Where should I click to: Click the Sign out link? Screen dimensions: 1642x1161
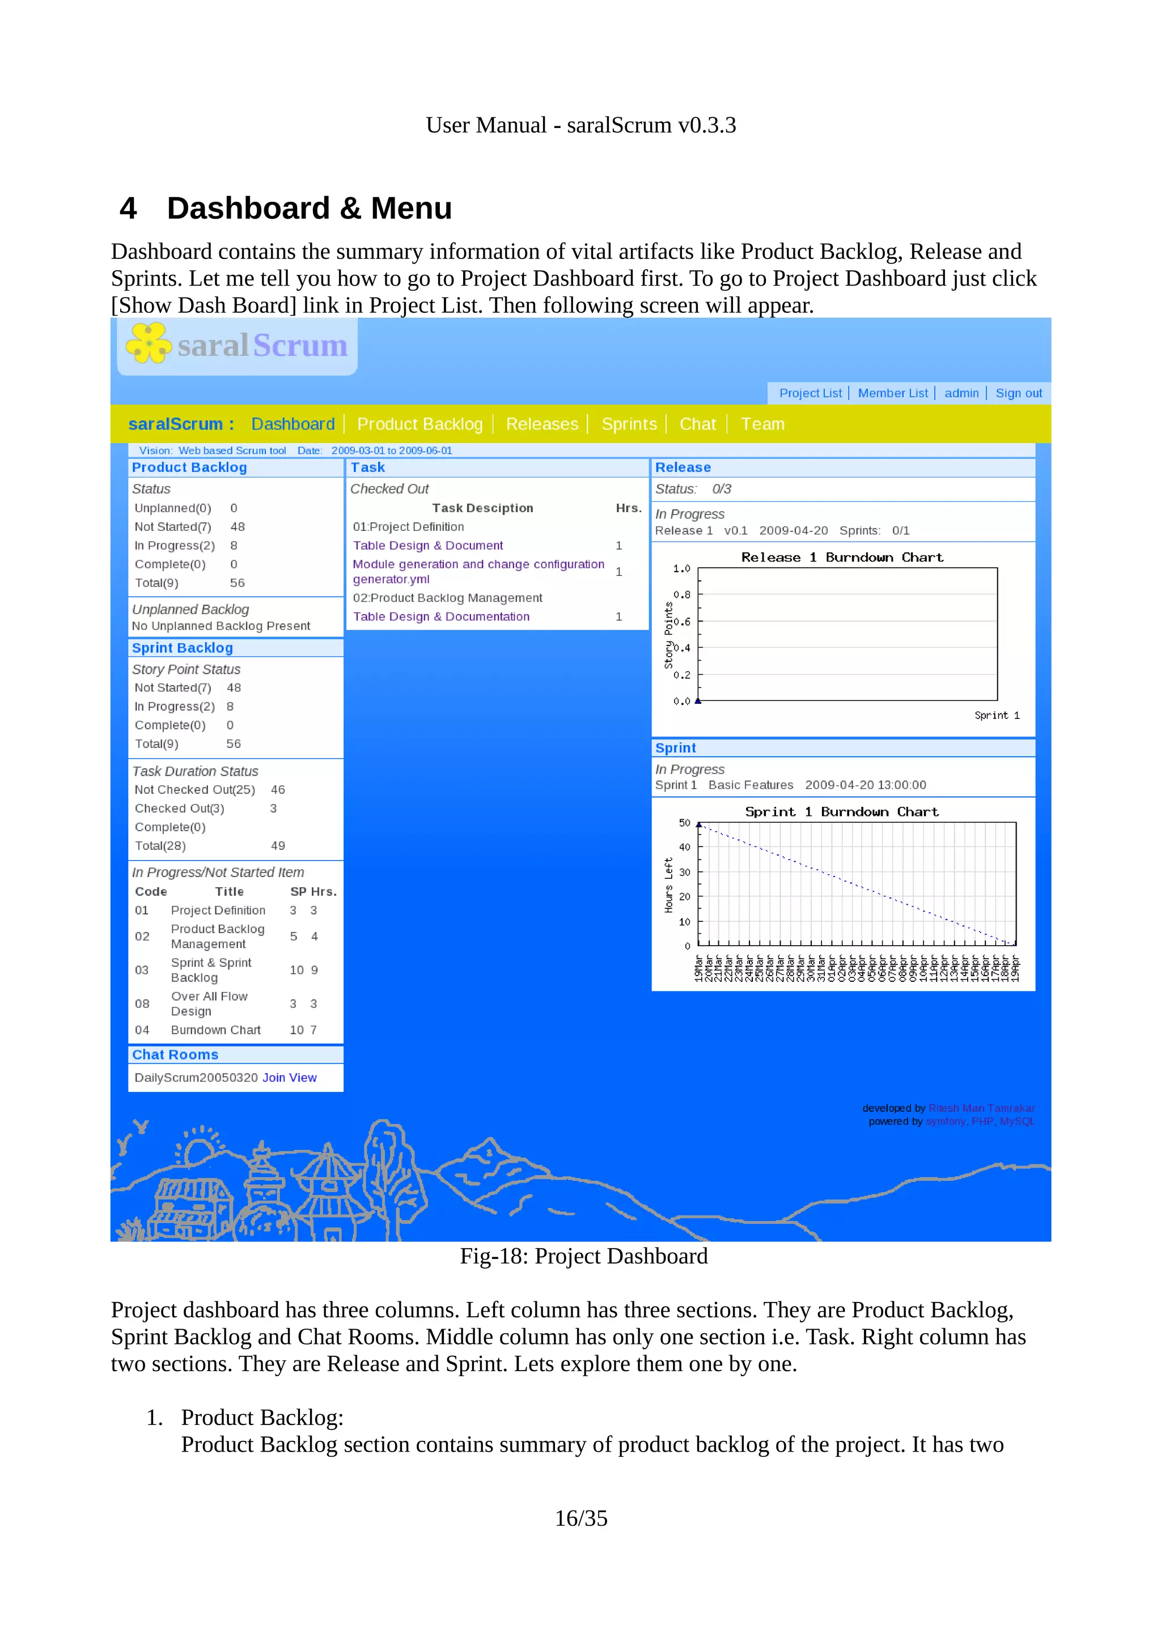pos(1018,393)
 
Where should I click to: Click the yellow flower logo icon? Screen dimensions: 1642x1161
pos(148,343)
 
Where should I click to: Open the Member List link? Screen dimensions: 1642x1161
pos(892,393)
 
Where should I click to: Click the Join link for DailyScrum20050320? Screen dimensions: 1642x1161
pos(273,1077)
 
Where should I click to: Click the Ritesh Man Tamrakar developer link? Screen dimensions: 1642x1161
pos(981,1108)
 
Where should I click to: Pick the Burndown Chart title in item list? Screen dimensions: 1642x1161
pos(215,1030)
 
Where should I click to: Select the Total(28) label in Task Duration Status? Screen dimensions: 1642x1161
pos(160,845)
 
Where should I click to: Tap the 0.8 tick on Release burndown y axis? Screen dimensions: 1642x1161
pos(682,594)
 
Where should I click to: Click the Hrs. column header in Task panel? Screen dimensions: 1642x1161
pos(628,508)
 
